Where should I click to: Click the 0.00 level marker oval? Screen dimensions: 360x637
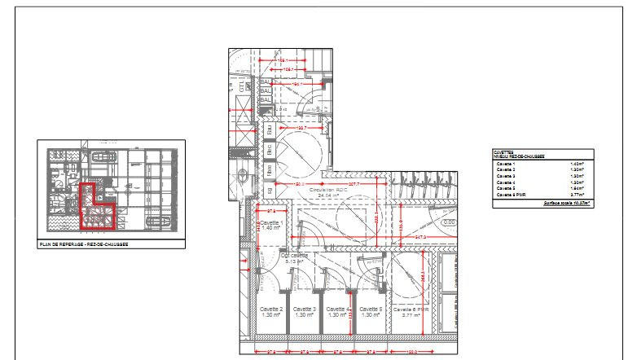tap(448, 222)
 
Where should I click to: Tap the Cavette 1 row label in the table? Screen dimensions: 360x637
tap(506, 164)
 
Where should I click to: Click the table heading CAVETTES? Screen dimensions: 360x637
tap(503, 151)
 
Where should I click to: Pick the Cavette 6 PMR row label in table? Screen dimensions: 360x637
tap(510, 195)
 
